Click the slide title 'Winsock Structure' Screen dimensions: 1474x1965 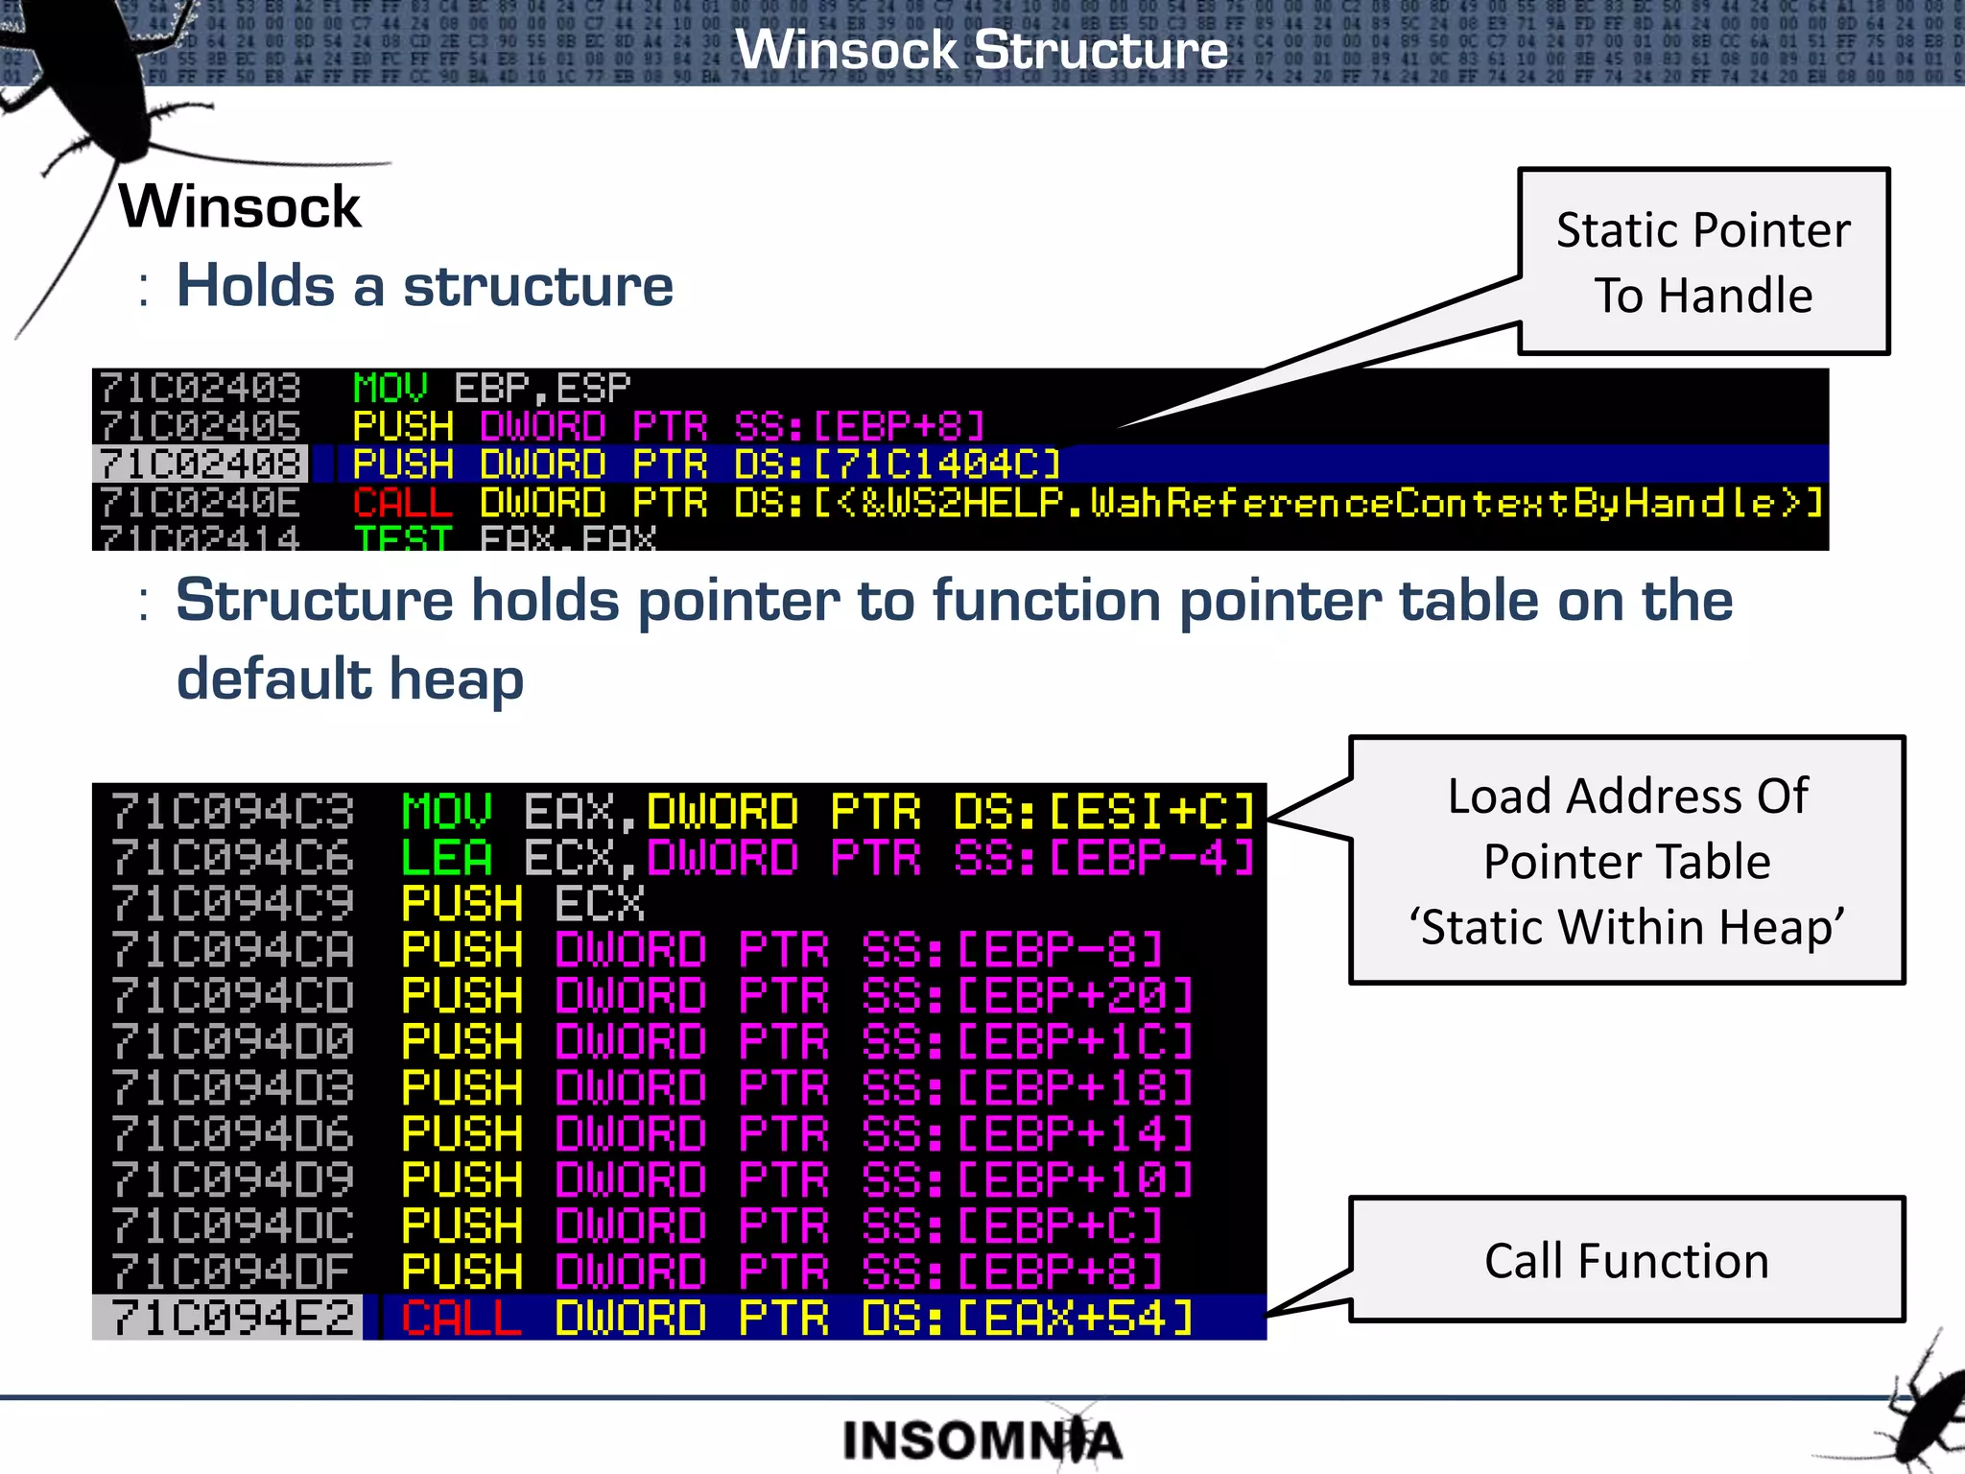pyautogui.click(x=981, y=50)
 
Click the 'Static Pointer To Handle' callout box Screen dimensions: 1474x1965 pyautogui.click(x=1703, y=262)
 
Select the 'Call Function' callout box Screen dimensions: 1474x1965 pyautogui.click(x=1626, y=1260)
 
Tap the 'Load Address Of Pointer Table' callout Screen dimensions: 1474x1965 pyautogui.click(x=1626, y=860)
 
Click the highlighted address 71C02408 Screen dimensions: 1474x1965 pyautogui.click(x=201, y=464)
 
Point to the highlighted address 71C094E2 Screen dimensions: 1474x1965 pyautogui.click(x=231, y=1318)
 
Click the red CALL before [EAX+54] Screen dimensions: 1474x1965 pyautogui.click(x=462, y=1318)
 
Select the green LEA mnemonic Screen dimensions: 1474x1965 pyautogui.click(x=447, y=857)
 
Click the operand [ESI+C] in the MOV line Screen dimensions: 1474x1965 pyautogui.click(x=1151, y=812)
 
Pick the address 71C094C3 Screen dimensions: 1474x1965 pyautogui.click(x=231, y=812)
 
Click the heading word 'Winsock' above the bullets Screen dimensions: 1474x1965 pyautogui.click(x=239, y=206)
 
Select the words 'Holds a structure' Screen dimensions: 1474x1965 pyautogui.click(x=424, y=286)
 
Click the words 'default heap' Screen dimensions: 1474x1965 pyautogui.click(x=350, y=678)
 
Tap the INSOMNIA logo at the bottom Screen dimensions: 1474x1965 pyautogui.click(x=981, y=1439)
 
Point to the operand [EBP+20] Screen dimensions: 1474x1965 pyautogui.click(x=1076, y=995)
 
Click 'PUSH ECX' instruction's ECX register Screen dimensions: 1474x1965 pyautogui.click(x=600, y=903)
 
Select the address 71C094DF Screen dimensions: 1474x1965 pyautogui.click(x=231, y=1272)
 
